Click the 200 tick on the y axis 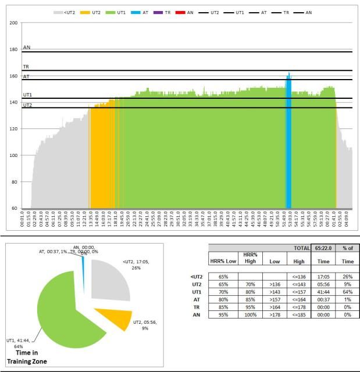pos(14,23)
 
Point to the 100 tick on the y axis pos(14,155)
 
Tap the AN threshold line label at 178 pos(26,49)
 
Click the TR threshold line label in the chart pos(26,67)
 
